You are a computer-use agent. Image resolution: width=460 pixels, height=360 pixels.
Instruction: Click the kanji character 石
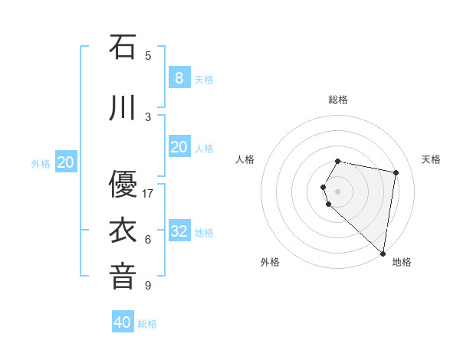[x=123, y=47]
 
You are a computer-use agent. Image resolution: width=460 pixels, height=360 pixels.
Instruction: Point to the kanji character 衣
[x=123, y=231]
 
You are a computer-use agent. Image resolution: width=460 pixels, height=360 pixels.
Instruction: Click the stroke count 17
[x=148, y=193]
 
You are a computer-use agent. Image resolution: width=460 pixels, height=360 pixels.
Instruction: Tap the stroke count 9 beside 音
[x=148, y=286]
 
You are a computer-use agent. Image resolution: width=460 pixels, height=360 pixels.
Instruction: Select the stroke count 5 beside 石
[x=148, y=55]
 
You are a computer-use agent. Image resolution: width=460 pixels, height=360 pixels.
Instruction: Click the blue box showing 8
[x=179, y=77]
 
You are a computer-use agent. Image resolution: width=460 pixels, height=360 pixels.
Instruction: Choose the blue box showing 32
[x=179, y=231]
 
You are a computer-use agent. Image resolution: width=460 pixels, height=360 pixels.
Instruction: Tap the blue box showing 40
[x=123, y=322]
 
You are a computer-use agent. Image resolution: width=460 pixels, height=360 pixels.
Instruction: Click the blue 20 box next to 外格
[x=66, y=162]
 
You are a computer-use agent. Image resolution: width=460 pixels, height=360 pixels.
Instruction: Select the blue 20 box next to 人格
[x=179, y=146]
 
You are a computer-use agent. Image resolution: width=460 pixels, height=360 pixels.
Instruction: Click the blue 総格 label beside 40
[x=147, y=324]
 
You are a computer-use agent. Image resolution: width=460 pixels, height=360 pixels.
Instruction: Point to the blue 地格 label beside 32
[x=204, y=233]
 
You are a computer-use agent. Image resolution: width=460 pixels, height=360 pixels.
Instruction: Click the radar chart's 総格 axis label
[x=338, y=100]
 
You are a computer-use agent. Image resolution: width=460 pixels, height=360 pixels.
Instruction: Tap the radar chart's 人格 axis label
[x=245, y=159]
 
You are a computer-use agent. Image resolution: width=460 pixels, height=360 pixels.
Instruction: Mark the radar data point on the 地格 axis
[x=383, y=253]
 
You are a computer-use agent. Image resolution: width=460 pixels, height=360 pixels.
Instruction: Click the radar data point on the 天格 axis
[x=396, y=172]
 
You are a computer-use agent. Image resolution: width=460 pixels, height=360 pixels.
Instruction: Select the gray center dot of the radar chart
[x=338, y=191]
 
